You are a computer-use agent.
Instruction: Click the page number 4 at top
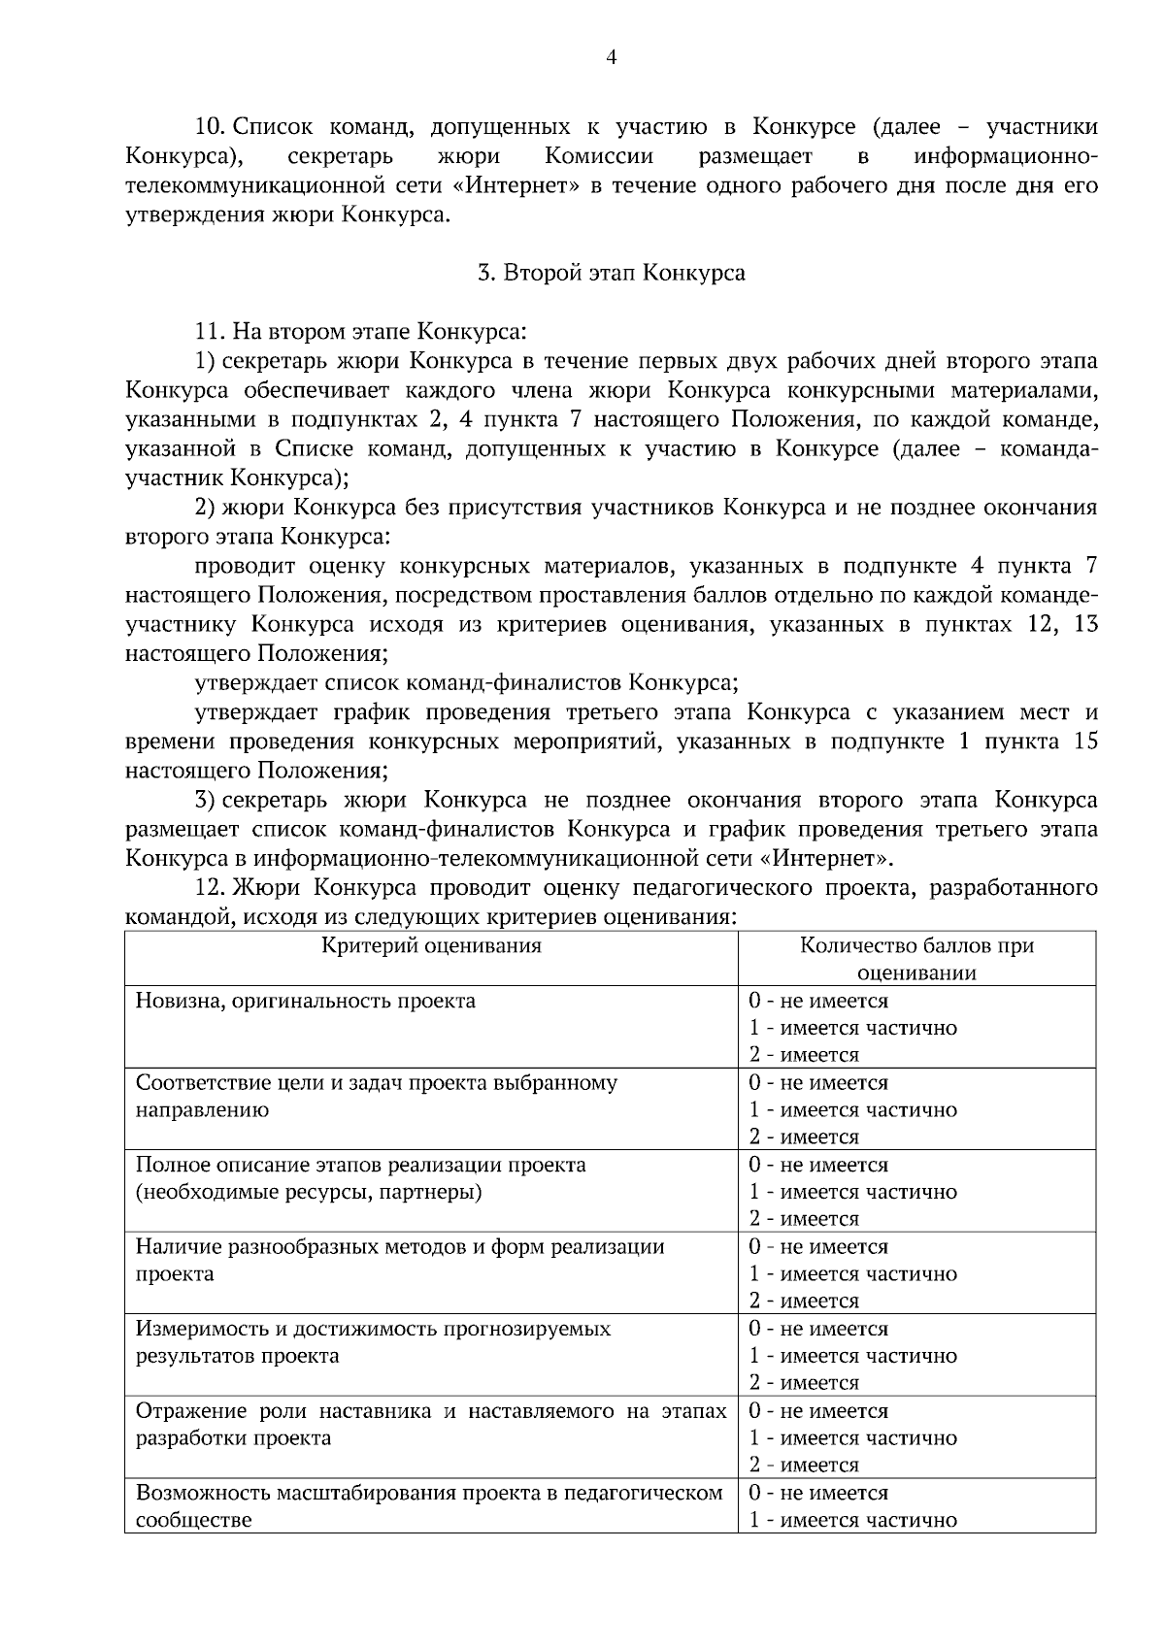(612, 57)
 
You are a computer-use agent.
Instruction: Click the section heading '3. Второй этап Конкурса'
(612, 273)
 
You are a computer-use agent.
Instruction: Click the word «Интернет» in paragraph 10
(516, 185)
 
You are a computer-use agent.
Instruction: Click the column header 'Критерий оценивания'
(431, 945)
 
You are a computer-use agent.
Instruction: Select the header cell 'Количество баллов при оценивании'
(916, 959)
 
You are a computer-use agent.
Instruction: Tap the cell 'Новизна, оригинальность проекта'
(306, 1001)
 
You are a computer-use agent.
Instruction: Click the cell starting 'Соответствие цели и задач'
(376, 1096)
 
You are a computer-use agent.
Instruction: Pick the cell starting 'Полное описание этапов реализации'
(360, 1177)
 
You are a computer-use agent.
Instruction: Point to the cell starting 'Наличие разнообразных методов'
(400, 1260)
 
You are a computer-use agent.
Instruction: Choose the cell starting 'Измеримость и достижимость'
(373, 1341)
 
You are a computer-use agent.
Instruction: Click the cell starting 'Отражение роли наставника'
(431, 1424)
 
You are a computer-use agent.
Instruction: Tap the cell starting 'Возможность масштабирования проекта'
(429, 1505)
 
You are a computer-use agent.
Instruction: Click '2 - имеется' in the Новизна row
(804, 1055)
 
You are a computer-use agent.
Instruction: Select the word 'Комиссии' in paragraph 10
(599, 156)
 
